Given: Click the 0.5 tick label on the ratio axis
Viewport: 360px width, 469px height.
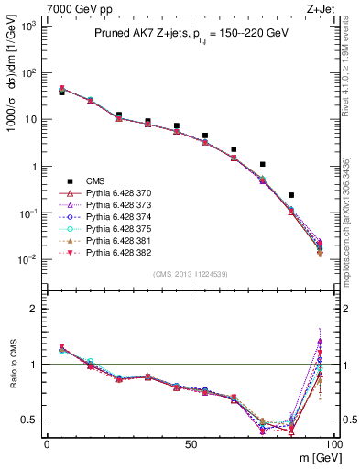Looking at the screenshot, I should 29,420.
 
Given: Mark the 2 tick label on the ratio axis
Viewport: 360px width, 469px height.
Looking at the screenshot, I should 35,309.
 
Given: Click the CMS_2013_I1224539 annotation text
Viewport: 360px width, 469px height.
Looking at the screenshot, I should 189,274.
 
